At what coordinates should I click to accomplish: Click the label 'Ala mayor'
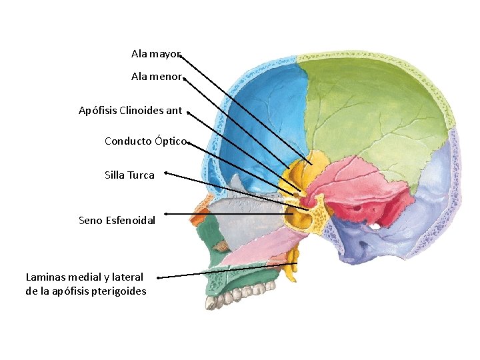tap(155, 53)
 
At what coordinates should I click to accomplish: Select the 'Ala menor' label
tap(156, 77)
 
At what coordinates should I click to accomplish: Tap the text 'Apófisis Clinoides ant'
tap(130, 111)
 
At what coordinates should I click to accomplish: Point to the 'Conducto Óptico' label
tap(145, 141)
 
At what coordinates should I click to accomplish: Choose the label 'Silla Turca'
tap(129, 175)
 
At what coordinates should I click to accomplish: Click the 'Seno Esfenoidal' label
tap(117, 220)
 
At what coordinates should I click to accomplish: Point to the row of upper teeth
tap(240, 293)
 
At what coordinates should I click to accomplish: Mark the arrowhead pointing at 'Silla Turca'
tap(165, 173)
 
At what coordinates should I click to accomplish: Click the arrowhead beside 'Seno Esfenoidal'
tap(165, 214)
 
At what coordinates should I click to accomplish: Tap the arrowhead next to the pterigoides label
tap(158, 277)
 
